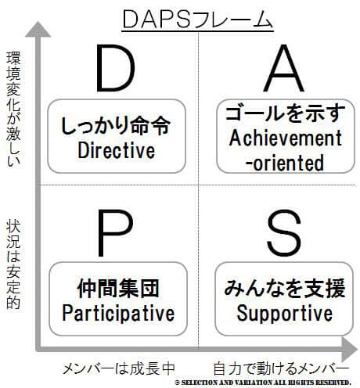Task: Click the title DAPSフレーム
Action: pyautogui.click(x=197, y=19)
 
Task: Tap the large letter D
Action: pyautogui.click(x=115, y=68)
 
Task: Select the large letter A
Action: pyautogui.click(x=283, y=68)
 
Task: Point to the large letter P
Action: pyautogui.click(x=115, y=233)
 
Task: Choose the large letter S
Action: pyautogui.click(x=284, y=233)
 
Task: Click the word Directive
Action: pyautogui.click(x=117, y=150)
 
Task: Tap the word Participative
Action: pyautogui.click(x=118, y=313)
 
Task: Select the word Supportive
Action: pyautogui.click(x=285, y=313)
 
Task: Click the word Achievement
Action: pyautogui.click(x=286, y=138)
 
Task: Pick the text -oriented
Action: pyautogui.click(x=285, y=163)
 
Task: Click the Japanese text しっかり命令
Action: pyautogui.click(x=116, y=126)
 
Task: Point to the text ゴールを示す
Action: pyautogui.click(x=286, y=113)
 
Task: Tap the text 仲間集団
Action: pyautogui.click(x=118, y=289)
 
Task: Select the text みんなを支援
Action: pyautogui.click(x=285, y=289)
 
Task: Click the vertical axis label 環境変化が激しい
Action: pyautogui.click(x=13, y=109)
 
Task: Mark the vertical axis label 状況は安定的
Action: pyautogui.click(x=13, y=264)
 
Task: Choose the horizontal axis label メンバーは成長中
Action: pyautogui.click(x=119, y=368)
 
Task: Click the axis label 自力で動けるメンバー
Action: pyautogui.click(x=281, y=368)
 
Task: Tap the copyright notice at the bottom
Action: pyautogui.click(x=263, y=383)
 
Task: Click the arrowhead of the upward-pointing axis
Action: pyautogui.click(x=38, y=29)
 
